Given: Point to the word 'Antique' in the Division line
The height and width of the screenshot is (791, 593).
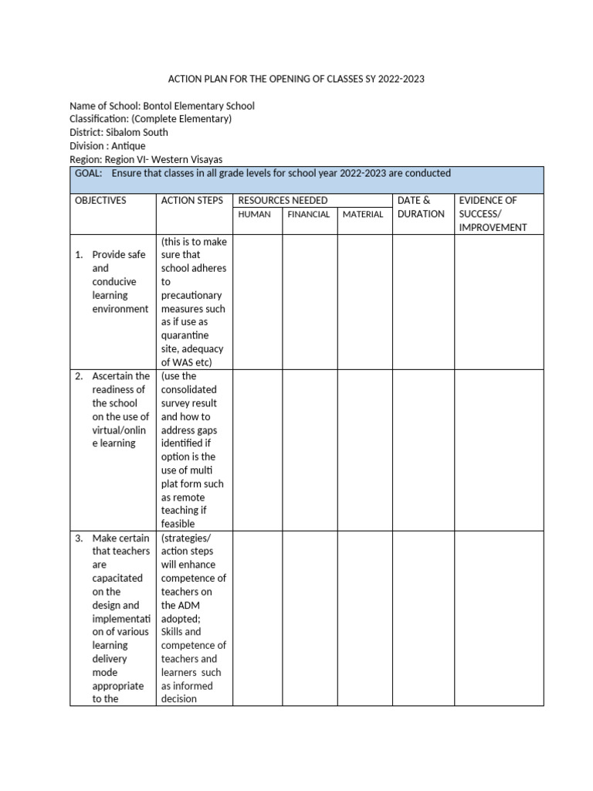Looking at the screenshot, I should [127, 145].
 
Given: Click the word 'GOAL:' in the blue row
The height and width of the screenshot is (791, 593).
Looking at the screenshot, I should [89, 173].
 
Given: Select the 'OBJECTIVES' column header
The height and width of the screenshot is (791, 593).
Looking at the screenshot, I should [100, 201].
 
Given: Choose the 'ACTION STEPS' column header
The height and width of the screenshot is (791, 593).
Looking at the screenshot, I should [192, 201].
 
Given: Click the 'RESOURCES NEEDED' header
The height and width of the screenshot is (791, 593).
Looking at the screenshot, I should [283, 201].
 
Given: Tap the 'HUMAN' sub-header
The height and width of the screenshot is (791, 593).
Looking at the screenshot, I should [255, 215].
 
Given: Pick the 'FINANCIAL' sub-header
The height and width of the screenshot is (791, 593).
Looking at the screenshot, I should [309, 215].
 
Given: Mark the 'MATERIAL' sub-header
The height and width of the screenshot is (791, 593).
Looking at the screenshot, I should [363, 215].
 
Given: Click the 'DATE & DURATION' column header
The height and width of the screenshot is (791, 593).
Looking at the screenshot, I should [421, 207].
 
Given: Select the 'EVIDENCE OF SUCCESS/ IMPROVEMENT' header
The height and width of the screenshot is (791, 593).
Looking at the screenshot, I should [493, 214].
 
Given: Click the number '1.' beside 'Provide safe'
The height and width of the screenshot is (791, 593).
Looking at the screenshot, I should [79, 255].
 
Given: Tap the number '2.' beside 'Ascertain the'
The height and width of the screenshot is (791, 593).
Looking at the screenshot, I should [79, 376].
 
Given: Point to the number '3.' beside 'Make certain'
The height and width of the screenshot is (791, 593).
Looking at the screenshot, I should [79, 538].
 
